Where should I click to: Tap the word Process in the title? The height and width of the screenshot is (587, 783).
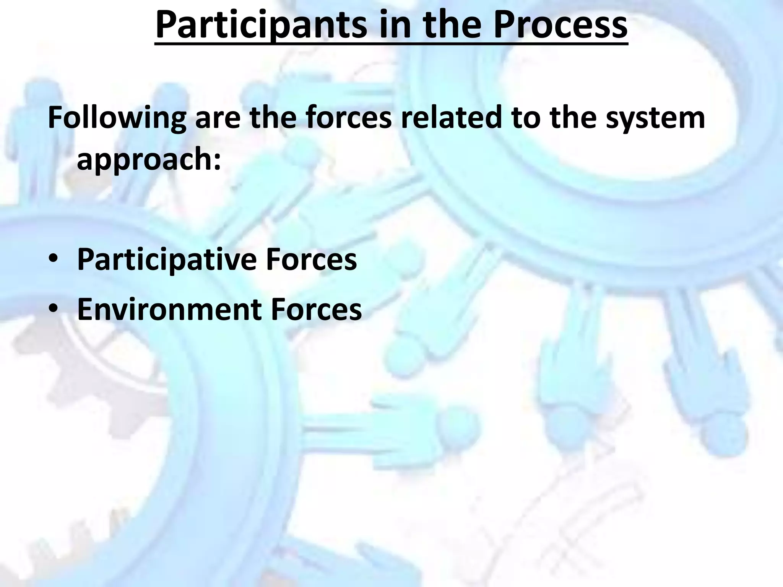[560, 25]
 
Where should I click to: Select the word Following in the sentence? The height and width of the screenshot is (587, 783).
[117, 118]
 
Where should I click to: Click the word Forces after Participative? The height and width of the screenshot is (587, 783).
[311, 259]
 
